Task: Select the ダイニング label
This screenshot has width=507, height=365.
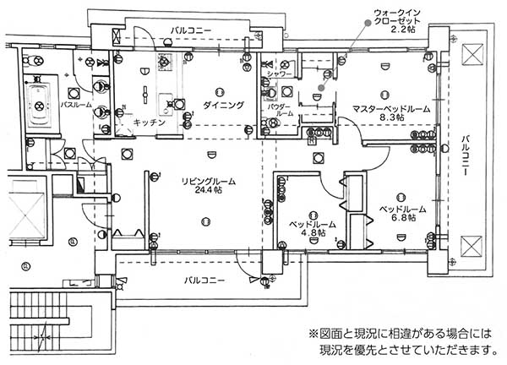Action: click(223, 105)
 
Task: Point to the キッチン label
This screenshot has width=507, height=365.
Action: click(136, 123)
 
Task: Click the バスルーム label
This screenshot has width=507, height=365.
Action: click(77, 105)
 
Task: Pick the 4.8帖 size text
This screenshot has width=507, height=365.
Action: click(313, 236)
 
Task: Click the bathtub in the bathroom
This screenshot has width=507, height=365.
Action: click(39, 104)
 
